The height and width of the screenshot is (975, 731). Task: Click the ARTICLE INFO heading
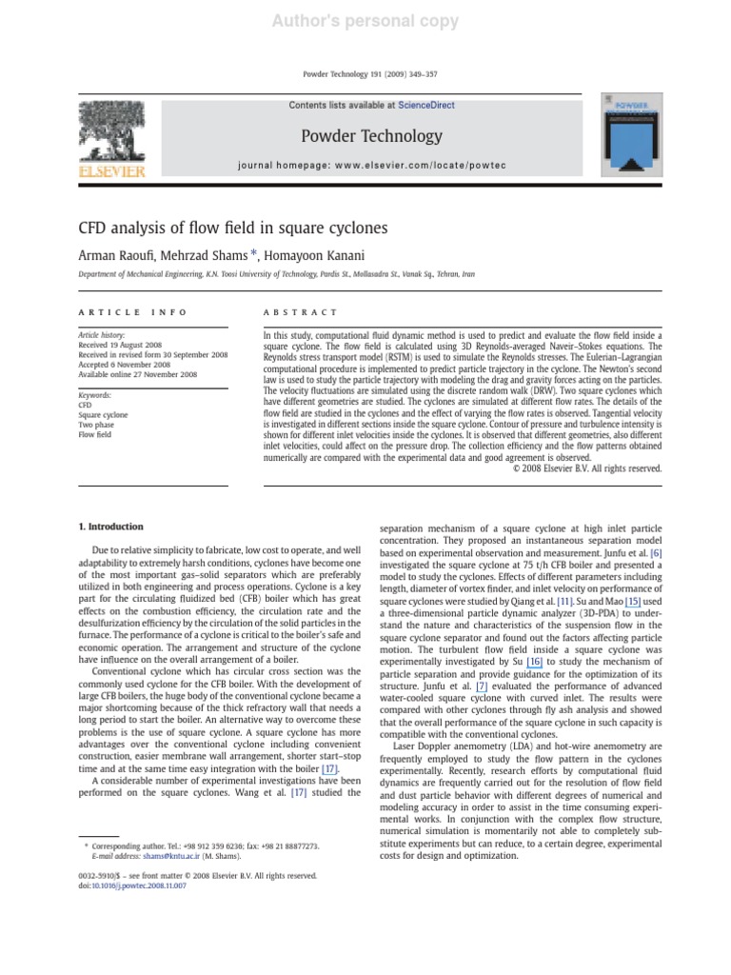[131, 312]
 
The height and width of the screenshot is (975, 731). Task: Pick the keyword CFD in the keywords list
[85, 405]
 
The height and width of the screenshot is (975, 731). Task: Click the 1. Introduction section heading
[109, 527]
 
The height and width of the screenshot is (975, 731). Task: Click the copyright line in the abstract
[580, 468]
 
